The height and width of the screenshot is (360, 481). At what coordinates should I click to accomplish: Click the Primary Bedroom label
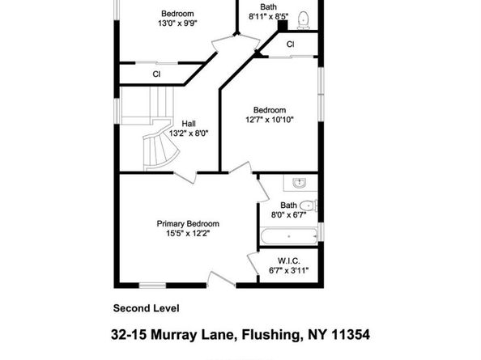coord(188,224)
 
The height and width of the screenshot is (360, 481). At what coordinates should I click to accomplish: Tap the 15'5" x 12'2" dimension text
coord(188,234)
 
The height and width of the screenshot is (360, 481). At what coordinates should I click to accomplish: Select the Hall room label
coord(188,124)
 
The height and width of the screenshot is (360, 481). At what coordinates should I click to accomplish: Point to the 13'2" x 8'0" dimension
coord(188,133)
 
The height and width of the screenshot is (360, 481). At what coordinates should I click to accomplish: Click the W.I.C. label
coord(289,260)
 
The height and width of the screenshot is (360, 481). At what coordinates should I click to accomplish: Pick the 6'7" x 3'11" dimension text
coord(289,270)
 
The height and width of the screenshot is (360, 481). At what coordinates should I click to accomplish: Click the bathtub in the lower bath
coord(288,237)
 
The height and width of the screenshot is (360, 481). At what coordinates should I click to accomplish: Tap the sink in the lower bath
coord(299,182)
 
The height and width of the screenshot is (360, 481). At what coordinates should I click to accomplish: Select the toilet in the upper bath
coord(304,19)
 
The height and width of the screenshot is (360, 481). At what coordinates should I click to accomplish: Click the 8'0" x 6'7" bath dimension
coord(289,215)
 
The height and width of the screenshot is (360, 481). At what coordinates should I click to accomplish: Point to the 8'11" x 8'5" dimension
coord(268,16)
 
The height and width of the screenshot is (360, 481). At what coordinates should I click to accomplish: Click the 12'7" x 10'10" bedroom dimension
coord(270,120)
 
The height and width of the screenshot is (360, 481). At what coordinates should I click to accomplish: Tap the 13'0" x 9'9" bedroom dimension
coord(177,23)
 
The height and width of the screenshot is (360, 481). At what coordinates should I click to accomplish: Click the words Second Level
coord(146,307)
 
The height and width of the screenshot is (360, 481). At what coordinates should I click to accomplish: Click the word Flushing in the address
coord(267,333)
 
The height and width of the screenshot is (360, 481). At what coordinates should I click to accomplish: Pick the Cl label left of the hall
coord(156,74)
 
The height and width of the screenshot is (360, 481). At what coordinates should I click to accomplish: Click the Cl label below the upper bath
coord(289,44)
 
